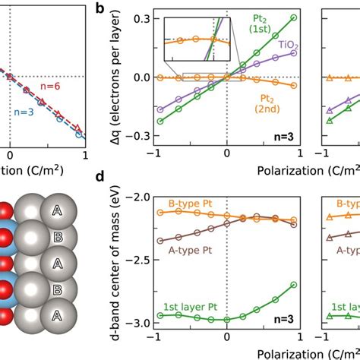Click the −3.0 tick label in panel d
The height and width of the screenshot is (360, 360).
coord(135,324)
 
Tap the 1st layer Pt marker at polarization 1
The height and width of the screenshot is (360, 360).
coord(294,285)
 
